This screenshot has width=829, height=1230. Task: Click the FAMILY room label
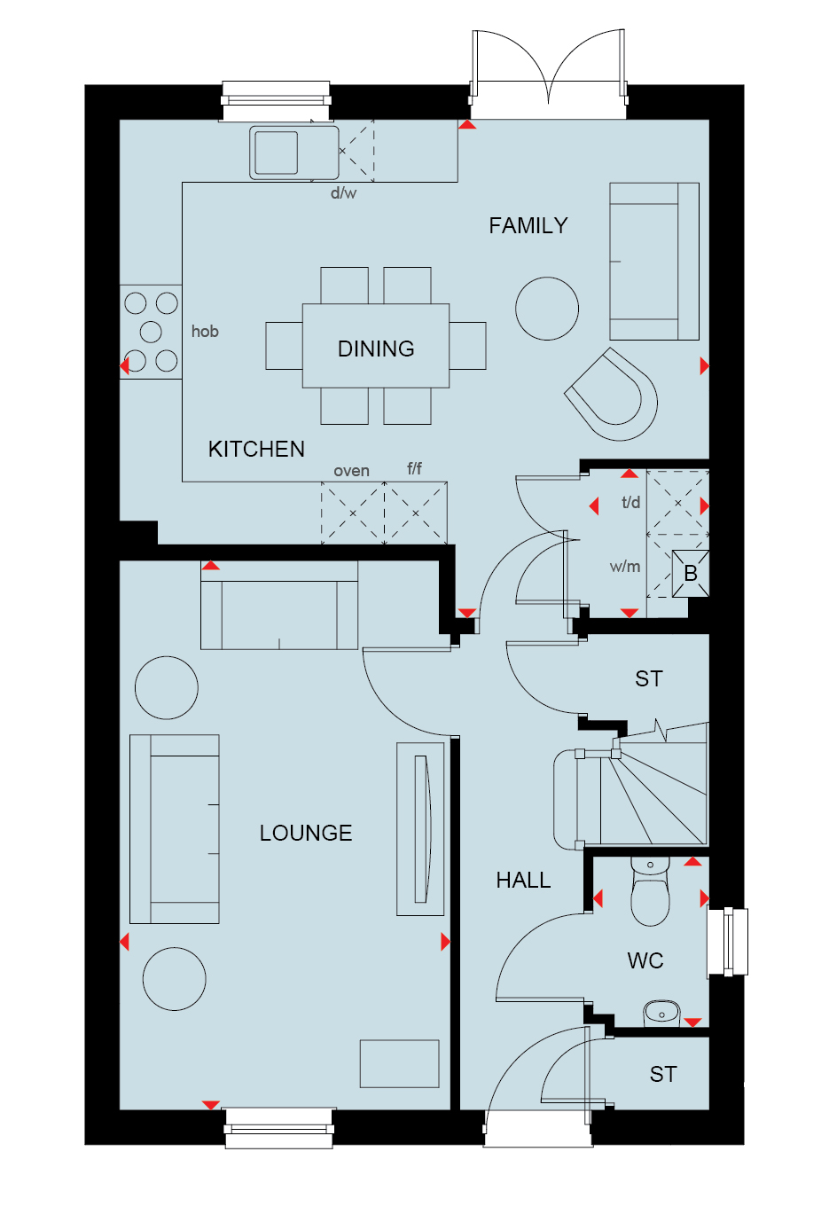click(x=528, y=225)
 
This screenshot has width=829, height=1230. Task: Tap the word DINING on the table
click(x=376, y=349)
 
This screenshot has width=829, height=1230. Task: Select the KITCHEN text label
click(x=256, y=450)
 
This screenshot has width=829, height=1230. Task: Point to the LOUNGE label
click(x=306, y=833)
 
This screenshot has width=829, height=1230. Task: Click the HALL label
click(x=523, y=881)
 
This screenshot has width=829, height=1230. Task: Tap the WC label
click(x=645, y=960)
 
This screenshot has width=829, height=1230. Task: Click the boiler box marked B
click(x=691, y=573)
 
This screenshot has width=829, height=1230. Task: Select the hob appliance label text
click(x=205, y=331)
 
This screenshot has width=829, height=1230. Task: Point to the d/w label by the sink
click(x=344, y=192)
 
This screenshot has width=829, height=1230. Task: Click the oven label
click(x=351, y=471)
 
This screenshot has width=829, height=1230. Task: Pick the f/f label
click(x=415, y=468)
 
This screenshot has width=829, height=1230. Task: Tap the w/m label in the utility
click(x=625, y=566)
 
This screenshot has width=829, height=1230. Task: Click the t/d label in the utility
click(x=630, y=502)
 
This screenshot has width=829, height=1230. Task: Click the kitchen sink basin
click(x=276, y=153)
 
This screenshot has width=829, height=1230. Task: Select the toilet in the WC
click(x=650, y=892)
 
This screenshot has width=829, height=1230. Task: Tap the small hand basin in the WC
click(x=661, y=1014)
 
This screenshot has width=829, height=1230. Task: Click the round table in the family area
click(x=547, y=309)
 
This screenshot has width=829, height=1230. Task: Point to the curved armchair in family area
click(x=611, y=395)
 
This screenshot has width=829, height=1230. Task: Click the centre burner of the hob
click(x=151, y=332)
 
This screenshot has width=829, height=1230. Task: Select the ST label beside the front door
click(x=663, y=1074)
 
